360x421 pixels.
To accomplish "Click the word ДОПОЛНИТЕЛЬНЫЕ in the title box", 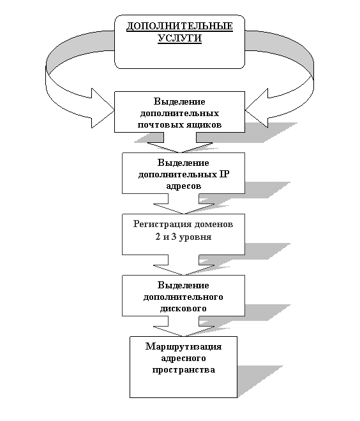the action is [179, 26].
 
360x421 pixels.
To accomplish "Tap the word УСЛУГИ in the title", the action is [179, 38].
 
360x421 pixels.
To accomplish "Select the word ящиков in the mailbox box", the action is [205, 125].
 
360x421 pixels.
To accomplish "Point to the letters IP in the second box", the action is [224, 174].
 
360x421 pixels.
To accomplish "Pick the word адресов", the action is [183, 186].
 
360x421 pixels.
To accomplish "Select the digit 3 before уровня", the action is [174, 237].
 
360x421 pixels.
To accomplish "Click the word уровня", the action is [195, 237].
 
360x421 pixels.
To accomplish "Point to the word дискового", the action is [183, 309].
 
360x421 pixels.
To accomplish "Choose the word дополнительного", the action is [183, 297].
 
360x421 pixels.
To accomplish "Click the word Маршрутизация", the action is [183, 346].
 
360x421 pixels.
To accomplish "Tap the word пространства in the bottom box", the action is [183, 370].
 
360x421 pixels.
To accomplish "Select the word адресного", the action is [183, 358].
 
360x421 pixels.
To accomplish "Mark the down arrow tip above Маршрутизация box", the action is [183, 336].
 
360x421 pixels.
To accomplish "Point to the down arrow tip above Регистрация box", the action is [183, 214].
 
